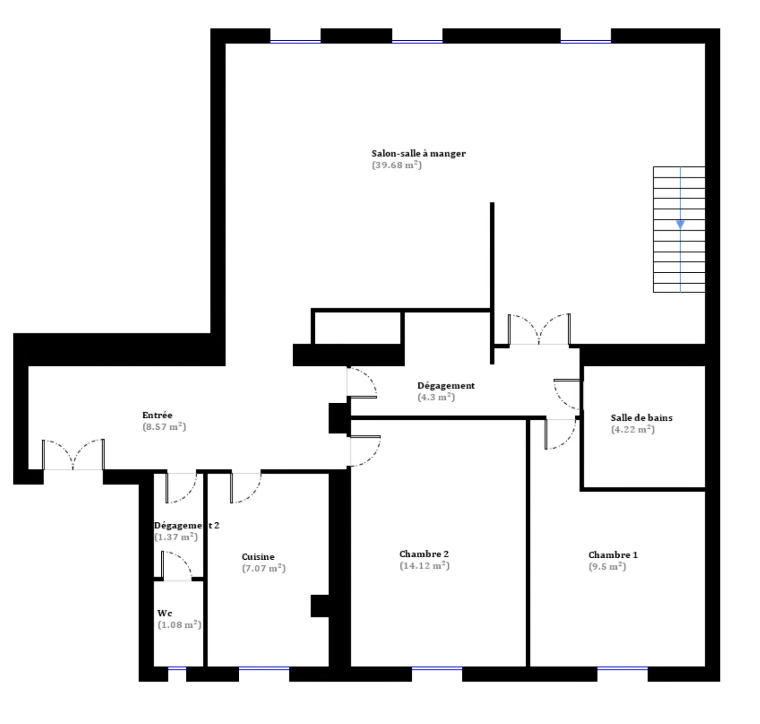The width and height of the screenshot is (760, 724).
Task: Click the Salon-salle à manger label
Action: tap(418, 154)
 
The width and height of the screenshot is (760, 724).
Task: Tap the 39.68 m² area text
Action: tap(397, 165)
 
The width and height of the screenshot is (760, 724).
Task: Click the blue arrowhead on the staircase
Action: tap(680, 225)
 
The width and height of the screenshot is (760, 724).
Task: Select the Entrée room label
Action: tap(157, 415)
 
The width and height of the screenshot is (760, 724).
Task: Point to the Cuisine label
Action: tap(258, 557)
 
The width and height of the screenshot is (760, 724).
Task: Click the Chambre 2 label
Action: tap(424, 554)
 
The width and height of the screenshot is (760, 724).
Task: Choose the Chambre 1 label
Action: tap(613, 555)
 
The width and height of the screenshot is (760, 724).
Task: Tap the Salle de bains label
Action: tap(641, 418)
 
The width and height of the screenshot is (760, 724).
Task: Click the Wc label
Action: tap(165, 613)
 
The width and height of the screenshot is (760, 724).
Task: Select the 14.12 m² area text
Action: tap(424, 566)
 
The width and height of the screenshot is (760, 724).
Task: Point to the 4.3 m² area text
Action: tap(436, 397)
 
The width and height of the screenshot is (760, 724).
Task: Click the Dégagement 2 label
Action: tap(186, 525)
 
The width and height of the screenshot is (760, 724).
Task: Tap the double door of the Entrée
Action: tap(73, 455)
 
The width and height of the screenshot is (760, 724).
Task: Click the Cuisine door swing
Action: tap(246, 488)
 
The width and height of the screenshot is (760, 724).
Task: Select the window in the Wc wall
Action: tap(177, 669)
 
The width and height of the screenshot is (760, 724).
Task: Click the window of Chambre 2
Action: tap(437, 669)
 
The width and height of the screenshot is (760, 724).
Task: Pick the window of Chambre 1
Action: tap(622, 669)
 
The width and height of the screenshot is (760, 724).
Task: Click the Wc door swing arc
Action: tap(177, 565)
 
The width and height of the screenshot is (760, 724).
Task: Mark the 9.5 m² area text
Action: tap(607, 567)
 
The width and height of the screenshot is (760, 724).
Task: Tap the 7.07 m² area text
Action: tap(263, 569)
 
